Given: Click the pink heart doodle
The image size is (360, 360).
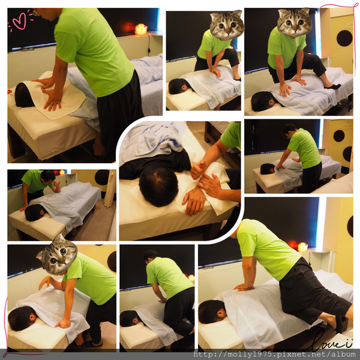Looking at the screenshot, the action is (19, 21).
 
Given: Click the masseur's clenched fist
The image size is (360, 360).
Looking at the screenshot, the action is (198, 169).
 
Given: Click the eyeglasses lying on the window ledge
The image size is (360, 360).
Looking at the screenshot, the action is (28, 49).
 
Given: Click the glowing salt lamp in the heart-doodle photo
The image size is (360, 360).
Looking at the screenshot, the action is (141, 29).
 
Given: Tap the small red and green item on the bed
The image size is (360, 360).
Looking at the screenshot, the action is (10, 92).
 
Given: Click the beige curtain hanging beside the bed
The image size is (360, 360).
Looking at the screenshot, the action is (110, 188).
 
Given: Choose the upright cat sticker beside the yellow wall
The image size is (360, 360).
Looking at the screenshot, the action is (295, 22).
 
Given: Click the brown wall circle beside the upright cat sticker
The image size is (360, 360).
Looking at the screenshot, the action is (344, 38).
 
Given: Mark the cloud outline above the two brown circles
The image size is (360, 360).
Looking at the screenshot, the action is (347, 125).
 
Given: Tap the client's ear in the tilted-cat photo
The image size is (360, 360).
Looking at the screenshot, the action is (33, 317).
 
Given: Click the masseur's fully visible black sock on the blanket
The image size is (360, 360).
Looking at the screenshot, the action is (332, 86).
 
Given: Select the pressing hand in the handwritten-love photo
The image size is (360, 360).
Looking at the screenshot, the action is (244, 287).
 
